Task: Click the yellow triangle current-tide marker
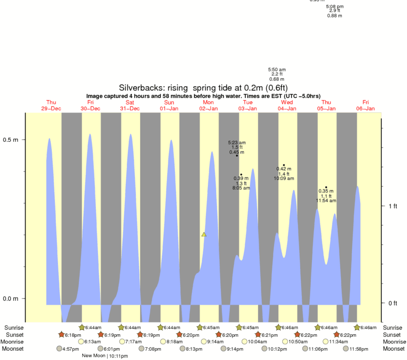coord(204,234)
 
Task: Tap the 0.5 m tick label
coord(11,140)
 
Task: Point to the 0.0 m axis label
coord(11,299)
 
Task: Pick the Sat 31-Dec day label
coord(130,105)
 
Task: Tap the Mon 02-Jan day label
coord(208,105)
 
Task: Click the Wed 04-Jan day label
coord(287,105)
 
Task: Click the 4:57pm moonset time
coord(70,349)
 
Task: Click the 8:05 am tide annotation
coord(241,188)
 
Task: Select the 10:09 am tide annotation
coord(284,179)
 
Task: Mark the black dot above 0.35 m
coord(326,187)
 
